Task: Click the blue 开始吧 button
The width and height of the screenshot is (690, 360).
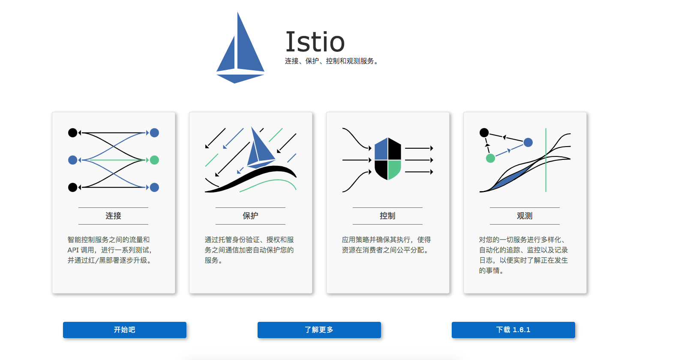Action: [124, 330]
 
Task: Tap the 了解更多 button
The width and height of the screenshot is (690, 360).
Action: [319, 330]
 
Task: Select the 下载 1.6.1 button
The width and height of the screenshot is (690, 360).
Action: [513, 330]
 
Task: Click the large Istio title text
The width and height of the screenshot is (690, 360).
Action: [315, 42]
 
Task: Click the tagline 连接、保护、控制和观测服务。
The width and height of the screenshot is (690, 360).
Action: [331, 61]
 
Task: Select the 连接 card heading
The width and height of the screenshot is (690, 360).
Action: [113, 216]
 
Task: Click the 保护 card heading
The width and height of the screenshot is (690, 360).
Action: [250, 216]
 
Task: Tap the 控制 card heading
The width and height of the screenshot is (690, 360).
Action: [387, 216]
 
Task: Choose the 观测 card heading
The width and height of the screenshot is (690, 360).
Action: [525, 216]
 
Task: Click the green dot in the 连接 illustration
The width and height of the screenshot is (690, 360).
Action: [154, 160]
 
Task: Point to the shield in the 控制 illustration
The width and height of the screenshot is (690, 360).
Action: [388, 159]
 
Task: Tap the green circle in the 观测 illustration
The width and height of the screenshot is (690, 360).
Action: [490, 158]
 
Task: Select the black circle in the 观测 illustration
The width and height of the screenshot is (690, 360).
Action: [484, 133]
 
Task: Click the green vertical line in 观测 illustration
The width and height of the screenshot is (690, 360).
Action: [546, 160]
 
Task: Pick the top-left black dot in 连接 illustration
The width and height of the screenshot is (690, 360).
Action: [73, 133]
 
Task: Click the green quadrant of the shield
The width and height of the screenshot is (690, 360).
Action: [395, 169]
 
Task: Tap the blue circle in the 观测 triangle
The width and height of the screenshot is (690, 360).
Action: [528, 142]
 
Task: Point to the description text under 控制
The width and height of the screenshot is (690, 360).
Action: [386, 245]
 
